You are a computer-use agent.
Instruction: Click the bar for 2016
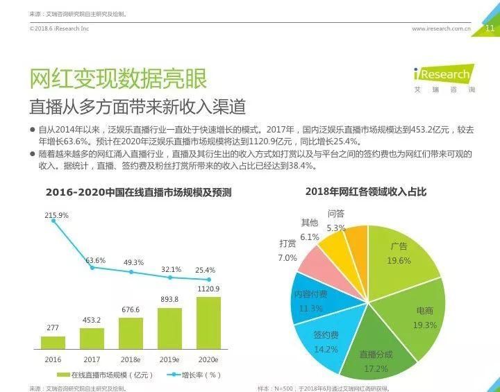coord(53,342)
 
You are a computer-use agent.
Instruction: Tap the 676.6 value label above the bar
coord(131,309)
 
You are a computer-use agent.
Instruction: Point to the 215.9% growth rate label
coord(56,216)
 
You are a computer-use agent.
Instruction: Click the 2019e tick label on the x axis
coord(169,359)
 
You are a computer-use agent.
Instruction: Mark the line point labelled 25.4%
coord(208,278)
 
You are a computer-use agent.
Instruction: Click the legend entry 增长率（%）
coord(194,375)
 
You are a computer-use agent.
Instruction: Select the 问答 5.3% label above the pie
coord(336,221)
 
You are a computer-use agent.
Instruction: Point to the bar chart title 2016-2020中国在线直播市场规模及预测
coord(138,192)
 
